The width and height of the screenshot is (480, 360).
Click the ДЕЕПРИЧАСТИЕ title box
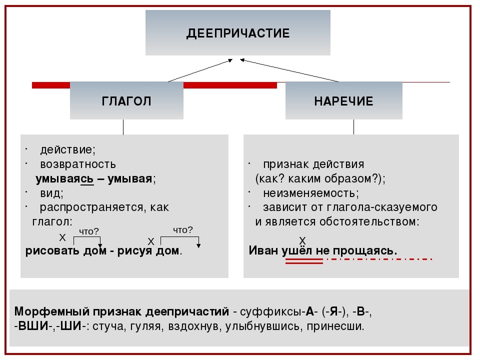238,33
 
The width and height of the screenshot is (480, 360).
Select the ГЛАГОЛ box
126,100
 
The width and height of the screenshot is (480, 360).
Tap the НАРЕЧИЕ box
343,100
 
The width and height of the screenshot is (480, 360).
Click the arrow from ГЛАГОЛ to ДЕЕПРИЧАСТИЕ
200,70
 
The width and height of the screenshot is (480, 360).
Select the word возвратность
78,164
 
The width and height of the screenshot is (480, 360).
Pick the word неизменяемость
310,193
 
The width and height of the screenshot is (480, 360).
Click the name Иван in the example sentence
263,250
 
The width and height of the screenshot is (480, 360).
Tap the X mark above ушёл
302,241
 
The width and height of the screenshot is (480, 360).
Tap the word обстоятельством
375,221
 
